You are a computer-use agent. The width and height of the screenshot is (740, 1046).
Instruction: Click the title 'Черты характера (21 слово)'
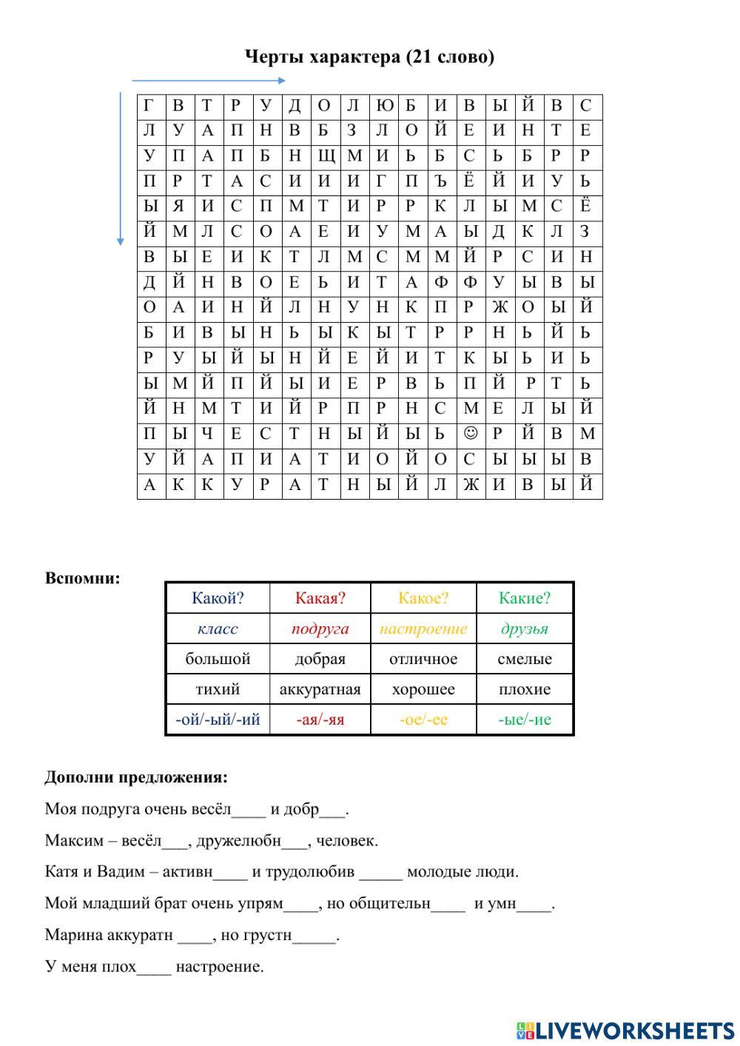(x=369, y=57)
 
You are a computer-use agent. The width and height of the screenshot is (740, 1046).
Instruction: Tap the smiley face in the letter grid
(x=468, y=433)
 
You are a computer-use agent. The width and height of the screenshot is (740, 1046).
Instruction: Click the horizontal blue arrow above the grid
(x=209, y=80)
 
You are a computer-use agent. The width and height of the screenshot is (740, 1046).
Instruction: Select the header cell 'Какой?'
(x=218, y=598)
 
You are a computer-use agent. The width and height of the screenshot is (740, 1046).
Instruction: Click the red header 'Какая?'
(x=320, y=598)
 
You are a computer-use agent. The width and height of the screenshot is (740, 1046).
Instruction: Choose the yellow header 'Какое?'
(x=423, y=598)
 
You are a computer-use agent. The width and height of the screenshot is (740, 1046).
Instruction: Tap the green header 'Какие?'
(x=525, y=598)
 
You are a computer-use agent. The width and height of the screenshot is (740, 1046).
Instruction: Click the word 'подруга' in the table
(x=320, y=629)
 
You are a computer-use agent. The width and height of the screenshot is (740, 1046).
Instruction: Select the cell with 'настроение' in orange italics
(x=423, y=629)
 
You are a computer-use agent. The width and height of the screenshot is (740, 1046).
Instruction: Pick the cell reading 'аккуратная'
(x=320, y=690)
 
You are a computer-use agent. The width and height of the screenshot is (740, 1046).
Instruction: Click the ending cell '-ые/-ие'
(x=525, y=720)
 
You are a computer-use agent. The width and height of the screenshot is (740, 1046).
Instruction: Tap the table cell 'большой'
(x=218, y=659)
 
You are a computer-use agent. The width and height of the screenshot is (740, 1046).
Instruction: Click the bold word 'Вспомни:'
(x=82, y=578)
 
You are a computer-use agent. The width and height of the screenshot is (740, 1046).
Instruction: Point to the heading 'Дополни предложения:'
(x=136, y=777)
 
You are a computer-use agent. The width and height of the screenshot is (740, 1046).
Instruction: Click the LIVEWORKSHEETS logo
(x=625, y=1030)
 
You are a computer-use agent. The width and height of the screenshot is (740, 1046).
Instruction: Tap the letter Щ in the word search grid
(x=323, y=156)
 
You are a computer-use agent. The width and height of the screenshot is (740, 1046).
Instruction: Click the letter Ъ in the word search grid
(x=440, y=181)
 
